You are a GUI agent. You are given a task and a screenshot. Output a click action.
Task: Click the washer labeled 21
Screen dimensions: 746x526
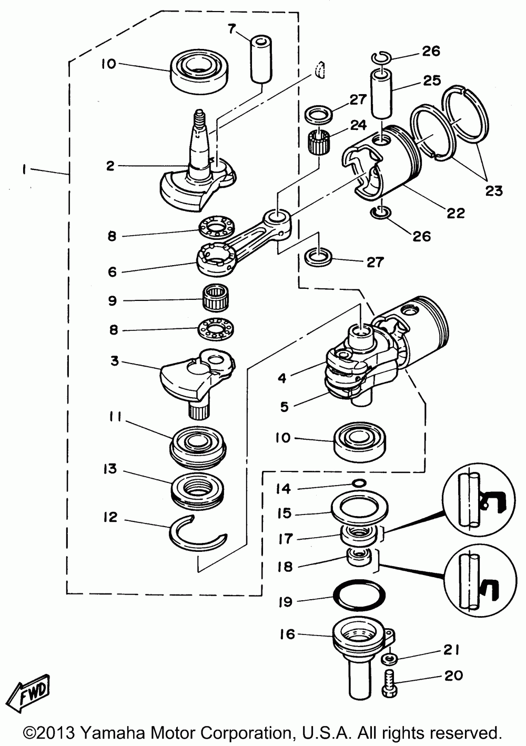pyautogui.click(x=389, y=658)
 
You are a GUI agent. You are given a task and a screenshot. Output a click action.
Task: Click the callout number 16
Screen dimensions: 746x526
pyautogui.click(x=287, y=634)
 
